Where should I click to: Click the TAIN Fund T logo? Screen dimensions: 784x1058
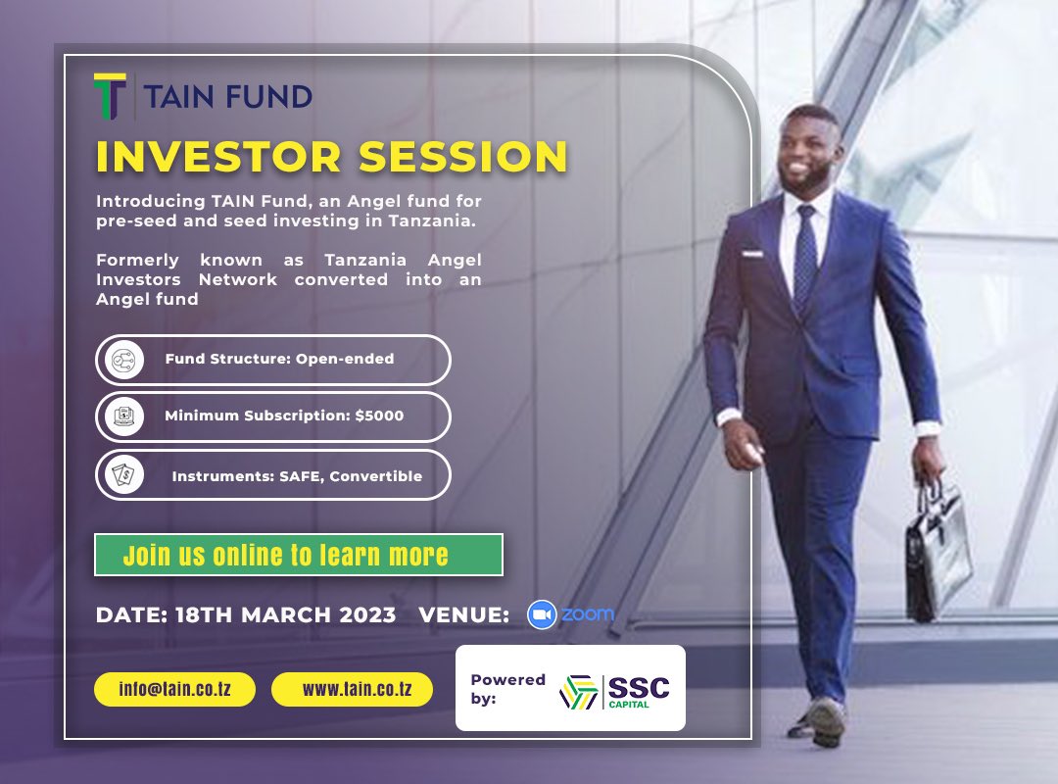tap(110, 96)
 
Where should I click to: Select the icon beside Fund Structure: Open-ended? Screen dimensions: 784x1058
tap(124, 360)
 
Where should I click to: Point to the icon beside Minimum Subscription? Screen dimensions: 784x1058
tap(124, 416)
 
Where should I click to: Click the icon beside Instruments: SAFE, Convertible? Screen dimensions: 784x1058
tap(124, 475)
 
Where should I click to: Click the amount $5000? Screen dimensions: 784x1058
tap(379, 416)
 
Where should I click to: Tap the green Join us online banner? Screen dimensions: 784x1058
tap(298, 555)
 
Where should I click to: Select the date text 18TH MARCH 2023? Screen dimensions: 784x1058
tap(285, 615)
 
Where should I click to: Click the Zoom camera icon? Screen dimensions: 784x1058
tap(541, 614)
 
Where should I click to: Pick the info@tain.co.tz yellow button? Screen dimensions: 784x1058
tap(174, 689)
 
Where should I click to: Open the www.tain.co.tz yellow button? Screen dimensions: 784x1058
tap(356, 689)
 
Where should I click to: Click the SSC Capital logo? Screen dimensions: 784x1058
tap(614, 689)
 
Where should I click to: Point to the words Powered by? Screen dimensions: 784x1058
tap(506, 689)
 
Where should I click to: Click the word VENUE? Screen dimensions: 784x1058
tap(463, 615)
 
